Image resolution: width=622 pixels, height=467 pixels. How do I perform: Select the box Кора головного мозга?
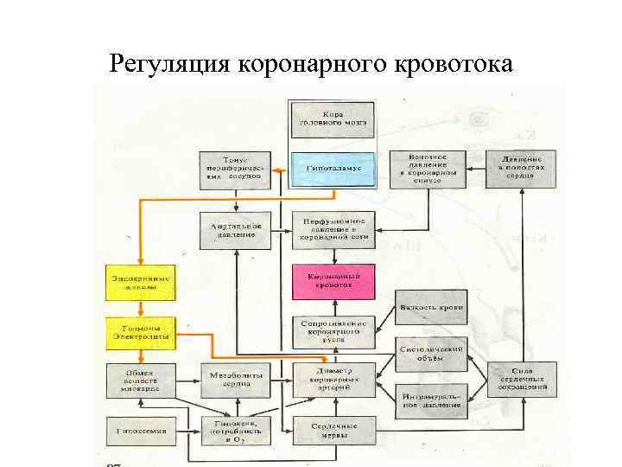[x=332, y=119]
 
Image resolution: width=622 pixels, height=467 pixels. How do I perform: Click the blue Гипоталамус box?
[x=332, y=167]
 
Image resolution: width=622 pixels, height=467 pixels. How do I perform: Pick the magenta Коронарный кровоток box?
[x=333, y=282]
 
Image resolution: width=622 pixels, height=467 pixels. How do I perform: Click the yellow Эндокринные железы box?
[x=139, y=283]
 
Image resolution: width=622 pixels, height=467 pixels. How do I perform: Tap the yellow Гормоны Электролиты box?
[x=139, y=333]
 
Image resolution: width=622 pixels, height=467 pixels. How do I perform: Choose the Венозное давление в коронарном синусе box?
[x=427, y=168]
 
